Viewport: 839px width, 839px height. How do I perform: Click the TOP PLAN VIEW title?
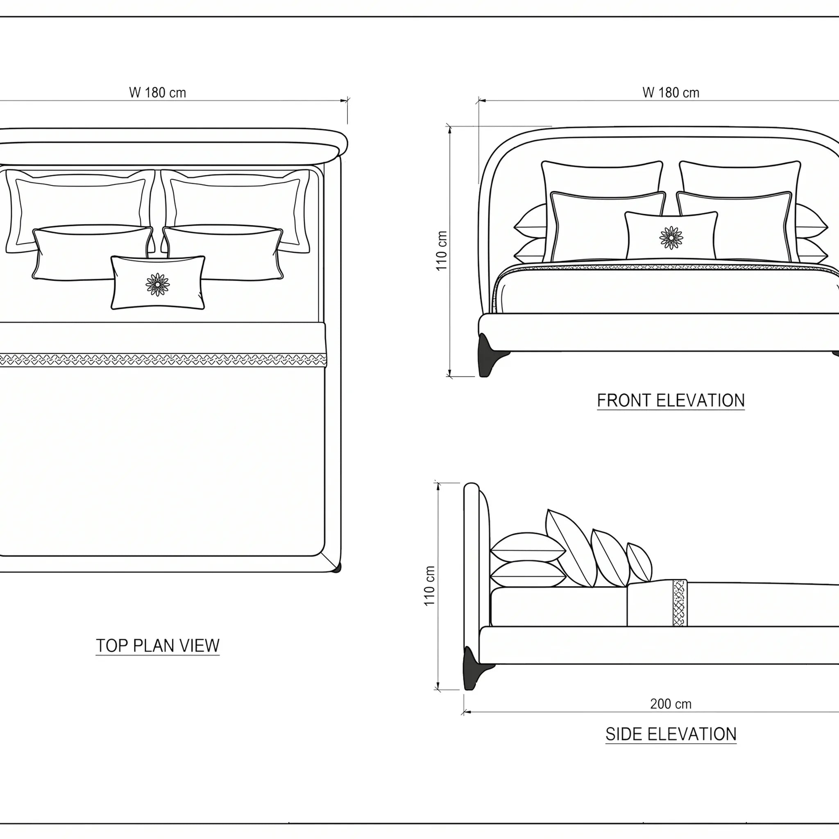[158, 646]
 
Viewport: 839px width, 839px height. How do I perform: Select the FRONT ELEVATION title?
[671, 400]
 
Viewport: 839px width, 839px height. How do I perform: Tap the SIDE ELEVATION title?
[671, 735]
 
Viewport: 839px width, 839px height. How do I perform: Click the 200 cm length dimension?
[671, 704]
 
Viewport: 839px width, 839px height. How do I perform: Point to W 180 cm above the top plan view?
[158, 93]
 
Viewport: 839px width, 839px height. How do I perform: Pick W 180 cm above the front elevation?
[671, 93]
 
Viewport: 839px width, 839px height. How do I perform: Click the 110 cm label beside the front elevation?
[441, 251]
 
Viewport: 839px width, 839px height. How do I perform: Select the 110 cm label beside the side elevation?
[429, 586]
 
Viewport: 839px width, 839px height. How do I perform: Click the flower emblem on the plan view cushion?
[158, 284]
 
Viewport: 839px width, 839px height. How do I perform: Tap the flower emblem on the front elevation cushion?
[671, 238]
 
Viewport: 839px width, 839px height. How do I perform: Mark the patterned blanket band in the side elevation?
[680, 603]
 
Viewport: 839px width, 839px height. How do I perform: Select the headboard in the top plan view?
[174, 146]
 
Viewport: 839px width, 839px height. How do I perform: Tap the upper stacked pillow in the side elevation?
[528, 547]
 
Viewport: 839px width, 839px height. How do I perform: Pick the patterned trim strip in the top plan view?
[163, 360]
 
